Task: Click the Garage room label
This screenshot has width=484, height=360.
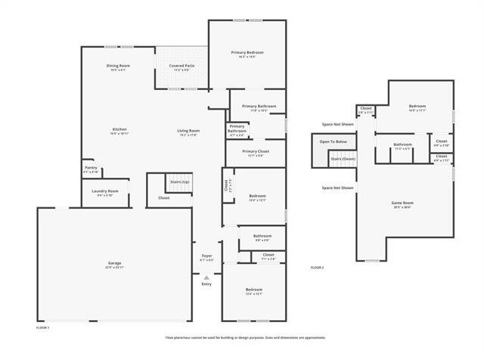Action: [x=113, y=264]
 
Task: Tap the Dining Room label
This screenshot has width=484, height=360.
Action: [x=118, y=67]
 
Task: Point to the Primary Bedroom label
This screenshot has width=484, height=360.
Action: [x=247, y=52]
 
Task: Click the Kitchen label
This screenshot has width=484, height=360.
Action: [x=119, y=129]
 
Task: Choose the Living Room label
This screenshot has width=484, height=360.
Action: [x=188, y=131]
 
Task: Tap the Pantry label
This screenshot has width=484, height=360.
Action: [x=90, y=168]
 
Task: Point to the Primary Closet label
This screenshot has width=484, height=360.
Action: [x=256, y=151]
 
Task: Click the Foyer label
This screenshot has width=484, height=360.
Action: [x=206, y=256]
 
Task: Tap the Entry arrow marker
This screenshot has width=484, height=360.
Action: [x=206, y=278]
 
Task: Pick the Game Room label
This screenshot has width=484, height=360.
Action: [x=402, y=203]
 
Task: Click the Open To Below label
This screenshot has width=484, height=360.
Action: [x=333, y=141]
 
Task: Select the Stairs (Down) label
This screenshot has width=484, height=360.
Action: [x=343, y=158]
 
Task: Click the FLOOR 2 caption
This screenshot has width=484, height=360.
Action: [x=317, y=268]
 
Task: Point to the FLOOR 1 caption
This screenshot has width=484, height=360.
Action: [x=43, y=327]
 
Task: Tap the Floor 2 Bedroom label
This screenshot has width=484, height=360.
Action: [x=417, y=106]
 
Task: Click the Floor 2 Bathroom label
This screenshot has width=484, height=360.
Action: [x=402, y=144]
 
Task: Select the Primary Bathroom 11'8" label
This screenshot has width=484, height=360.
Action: [x=259, y=106]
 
